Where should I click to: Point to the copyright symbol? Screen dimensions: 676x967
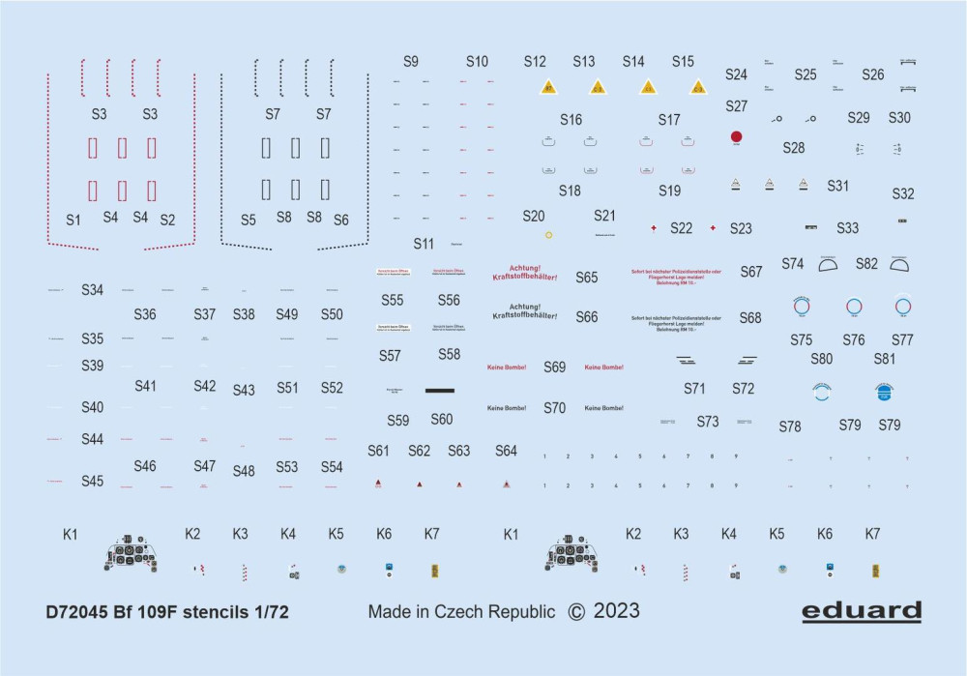pos(576,611)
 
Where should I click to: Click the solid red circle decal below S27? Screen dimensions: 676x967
pos(736,137)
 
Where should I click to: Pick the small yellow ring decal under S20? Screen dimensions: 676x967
pos(548,235)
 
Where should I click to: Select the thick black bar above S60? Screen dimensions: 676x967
pos(439,390)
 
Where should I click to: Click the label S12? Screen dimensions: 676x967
pos(535,61)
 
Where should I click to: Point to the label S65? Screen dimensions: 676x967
pos(587,278)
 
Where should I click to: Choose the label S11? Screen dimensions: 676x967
pos(424,243)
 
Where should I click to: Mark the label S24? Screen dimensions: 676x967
pos(736,74)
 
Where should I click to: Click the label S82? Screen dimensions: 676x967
pos(866,263)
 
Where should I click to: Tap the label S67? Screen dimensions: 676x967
pos(751,272)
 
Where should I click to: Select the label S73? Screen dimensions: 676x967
pos(708,422)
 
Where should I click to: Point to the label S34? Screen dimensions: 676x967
pos(93,289)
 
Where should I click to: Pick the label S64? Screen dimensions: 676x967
pos(506,451)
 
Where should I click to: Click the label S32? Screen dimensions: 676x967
pos(902,193)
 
